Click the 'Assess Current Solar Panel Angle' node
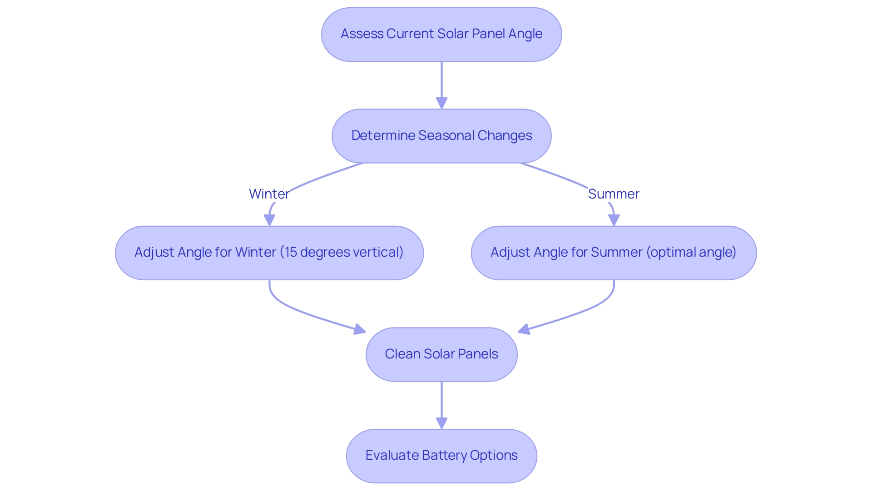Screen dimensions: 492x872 click(x=441, y=34)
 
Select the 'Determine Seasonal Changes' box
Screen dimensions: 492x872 click(x=441, y=136)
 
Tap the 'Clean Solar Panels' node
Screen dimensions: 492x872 click(x=441, y=354)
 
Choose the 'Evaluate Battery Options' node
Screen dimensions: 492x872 click(x=441, y=456)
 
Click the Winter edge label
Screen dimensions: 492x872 click(x=269, y=194)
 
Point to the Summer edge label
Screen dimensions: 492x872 click(x=614, y=194)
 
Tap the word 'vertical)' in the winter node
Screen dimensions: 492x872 click(x=381, y=252)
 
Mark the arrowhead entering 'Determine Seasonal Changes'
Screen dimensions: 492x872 click(x=441, y=103)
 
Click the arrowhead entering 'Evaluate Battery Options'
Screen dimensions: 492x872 click(x=441, y=423)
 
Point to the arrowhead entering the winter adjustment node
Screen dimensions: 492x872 click(x=269, y=220)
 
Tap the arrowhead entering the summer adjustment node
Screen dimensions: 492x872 click(x=614, y=220)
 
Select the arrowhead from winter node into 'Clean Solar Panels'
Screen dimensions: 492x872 click(x=360, y=329)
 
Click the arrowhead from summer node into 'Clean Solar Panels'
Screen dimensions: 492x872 click(x=524, y=329)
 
